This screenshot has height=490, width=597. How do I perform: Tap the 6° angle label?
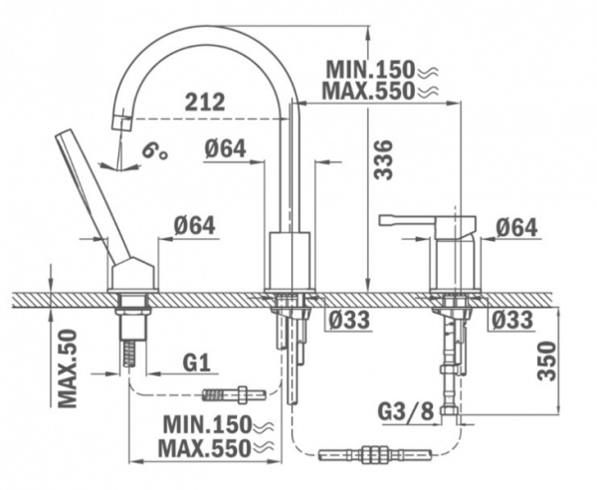153,153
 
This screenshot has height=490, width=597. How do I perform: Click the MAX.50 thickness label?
68,368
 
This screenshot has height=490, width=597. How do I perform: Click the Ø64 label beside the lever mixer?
515,228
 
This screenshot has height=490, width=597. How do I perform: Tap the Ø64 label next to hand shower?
194,226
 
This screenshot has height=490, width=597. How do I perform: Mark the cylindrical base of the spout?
292,262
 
